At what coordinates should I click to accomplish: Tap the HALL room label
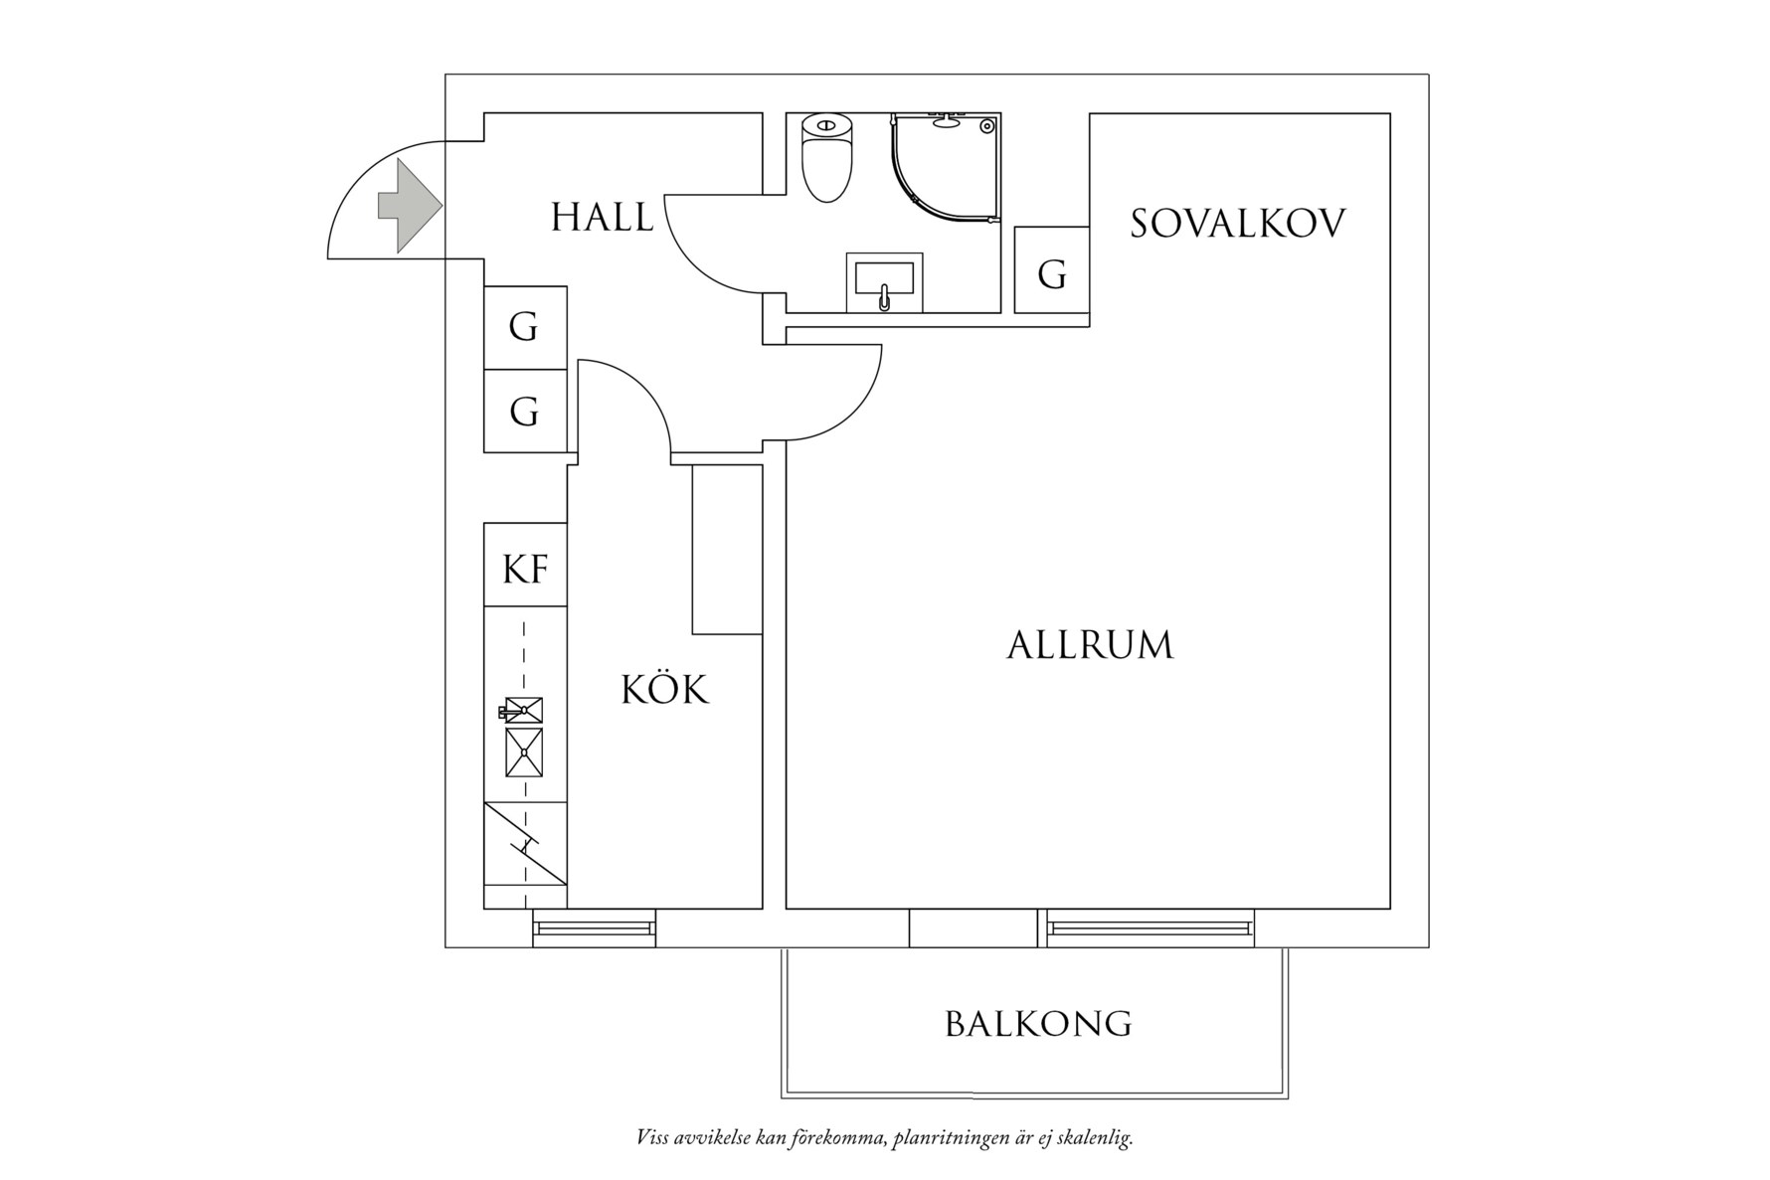pos(603,218)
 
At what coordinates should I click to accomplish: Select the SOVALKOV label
pos(1237,224)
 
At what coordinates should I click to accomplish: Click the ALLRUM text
pos(1090,646)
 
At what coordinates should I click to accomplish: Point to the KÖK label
pos(664,689)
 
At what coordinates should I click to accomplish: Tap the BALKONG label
pos(1038,1024)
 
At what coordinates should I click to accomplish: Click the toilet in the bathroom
pos(827,157)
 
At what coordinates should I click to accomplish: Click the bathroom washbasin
pos(883,282)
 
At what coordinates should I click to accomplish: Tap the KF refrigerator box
pos(525,569)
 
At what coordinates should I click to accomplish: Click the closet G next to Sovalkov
pos(1052,272)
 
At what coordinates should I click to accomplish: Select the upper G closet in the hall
pos(524,327)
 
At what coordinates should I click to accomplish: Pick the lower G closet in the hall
pos(524,411)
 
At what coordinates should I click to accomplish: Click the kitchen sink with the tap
pos(523,710)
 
